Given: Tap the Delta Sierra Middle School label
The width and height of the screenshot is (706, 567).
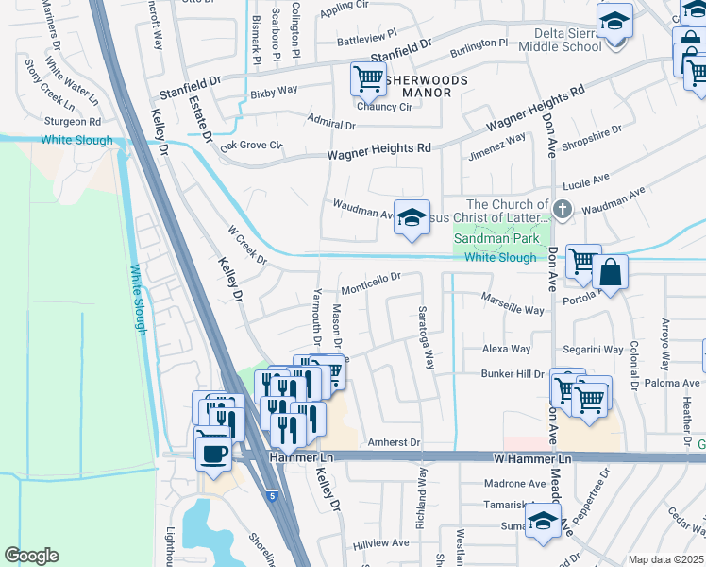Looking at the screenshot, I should pos(559,39).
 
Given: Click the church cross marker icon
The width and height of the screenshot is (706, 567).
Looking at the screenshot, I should pos(563,210).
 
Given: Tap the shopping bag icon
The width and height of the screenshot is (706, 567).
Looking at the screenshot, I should pos(611,273).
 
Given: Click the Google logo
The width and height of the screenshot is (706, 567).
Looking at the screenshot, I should pos(31,556).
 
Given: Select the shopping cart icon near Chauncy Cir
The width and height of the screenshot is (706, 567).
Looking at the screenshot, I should pos(368,78).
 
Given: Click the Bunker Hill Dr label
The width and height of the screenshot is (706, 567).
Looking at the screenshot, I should pos(513,374).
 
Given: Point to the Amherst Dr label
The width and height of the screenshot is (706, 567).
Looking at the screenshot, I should pos(394,441).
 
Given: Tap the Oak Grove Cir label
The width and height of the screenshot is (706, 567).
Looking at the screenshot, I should pos(251,146).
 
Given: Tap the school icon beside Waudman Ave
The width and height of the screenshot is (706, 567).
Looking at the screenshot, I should pos(412,217).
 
